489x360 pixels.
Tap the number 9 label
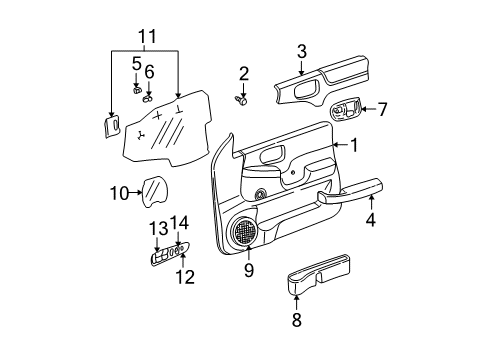249,270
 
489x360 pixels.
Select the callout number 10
118,191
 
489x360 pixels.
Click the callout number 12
181,277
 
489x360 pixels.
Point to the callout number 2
243,72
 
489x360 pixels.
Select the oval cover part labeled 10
153,190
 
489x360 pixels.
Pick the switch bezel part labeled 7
344,110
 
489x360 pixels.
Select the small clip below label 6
147,99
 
